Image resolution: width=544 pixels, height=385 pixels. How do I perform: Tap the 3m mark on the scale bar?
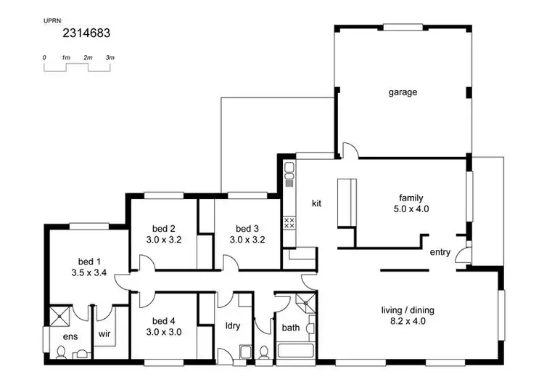click(x=110, y=57)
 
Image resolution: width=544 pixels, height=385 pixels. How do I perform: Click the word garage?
click(x=403, y=92)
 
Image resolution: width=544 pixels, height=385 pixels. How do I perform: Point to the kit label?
click(x=317, y=203)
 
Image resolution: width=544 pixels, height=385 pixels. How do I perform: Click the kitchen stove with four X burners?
click(x=289, y=222)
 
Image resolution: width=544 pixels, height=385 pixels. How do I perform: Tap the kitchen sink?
click(x=289, y=172)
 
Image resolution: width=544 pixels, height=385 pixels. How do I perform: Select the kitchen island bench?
click(x=344, y=203)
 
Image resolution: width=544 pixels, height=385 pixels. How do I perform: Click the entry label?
click(x=440, y=253)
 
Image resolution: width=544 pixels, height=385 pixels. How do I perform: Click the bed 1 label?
click(x=90, y=262)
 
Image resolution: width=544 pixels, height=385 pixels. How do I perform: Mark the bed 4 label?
click(x=164, y=320)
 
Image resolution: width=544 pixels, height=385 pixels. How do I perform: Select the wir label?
click(x=104, y=336)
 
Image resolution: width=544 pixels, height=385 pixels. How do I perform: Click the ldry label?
click(x=233, y=325)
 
